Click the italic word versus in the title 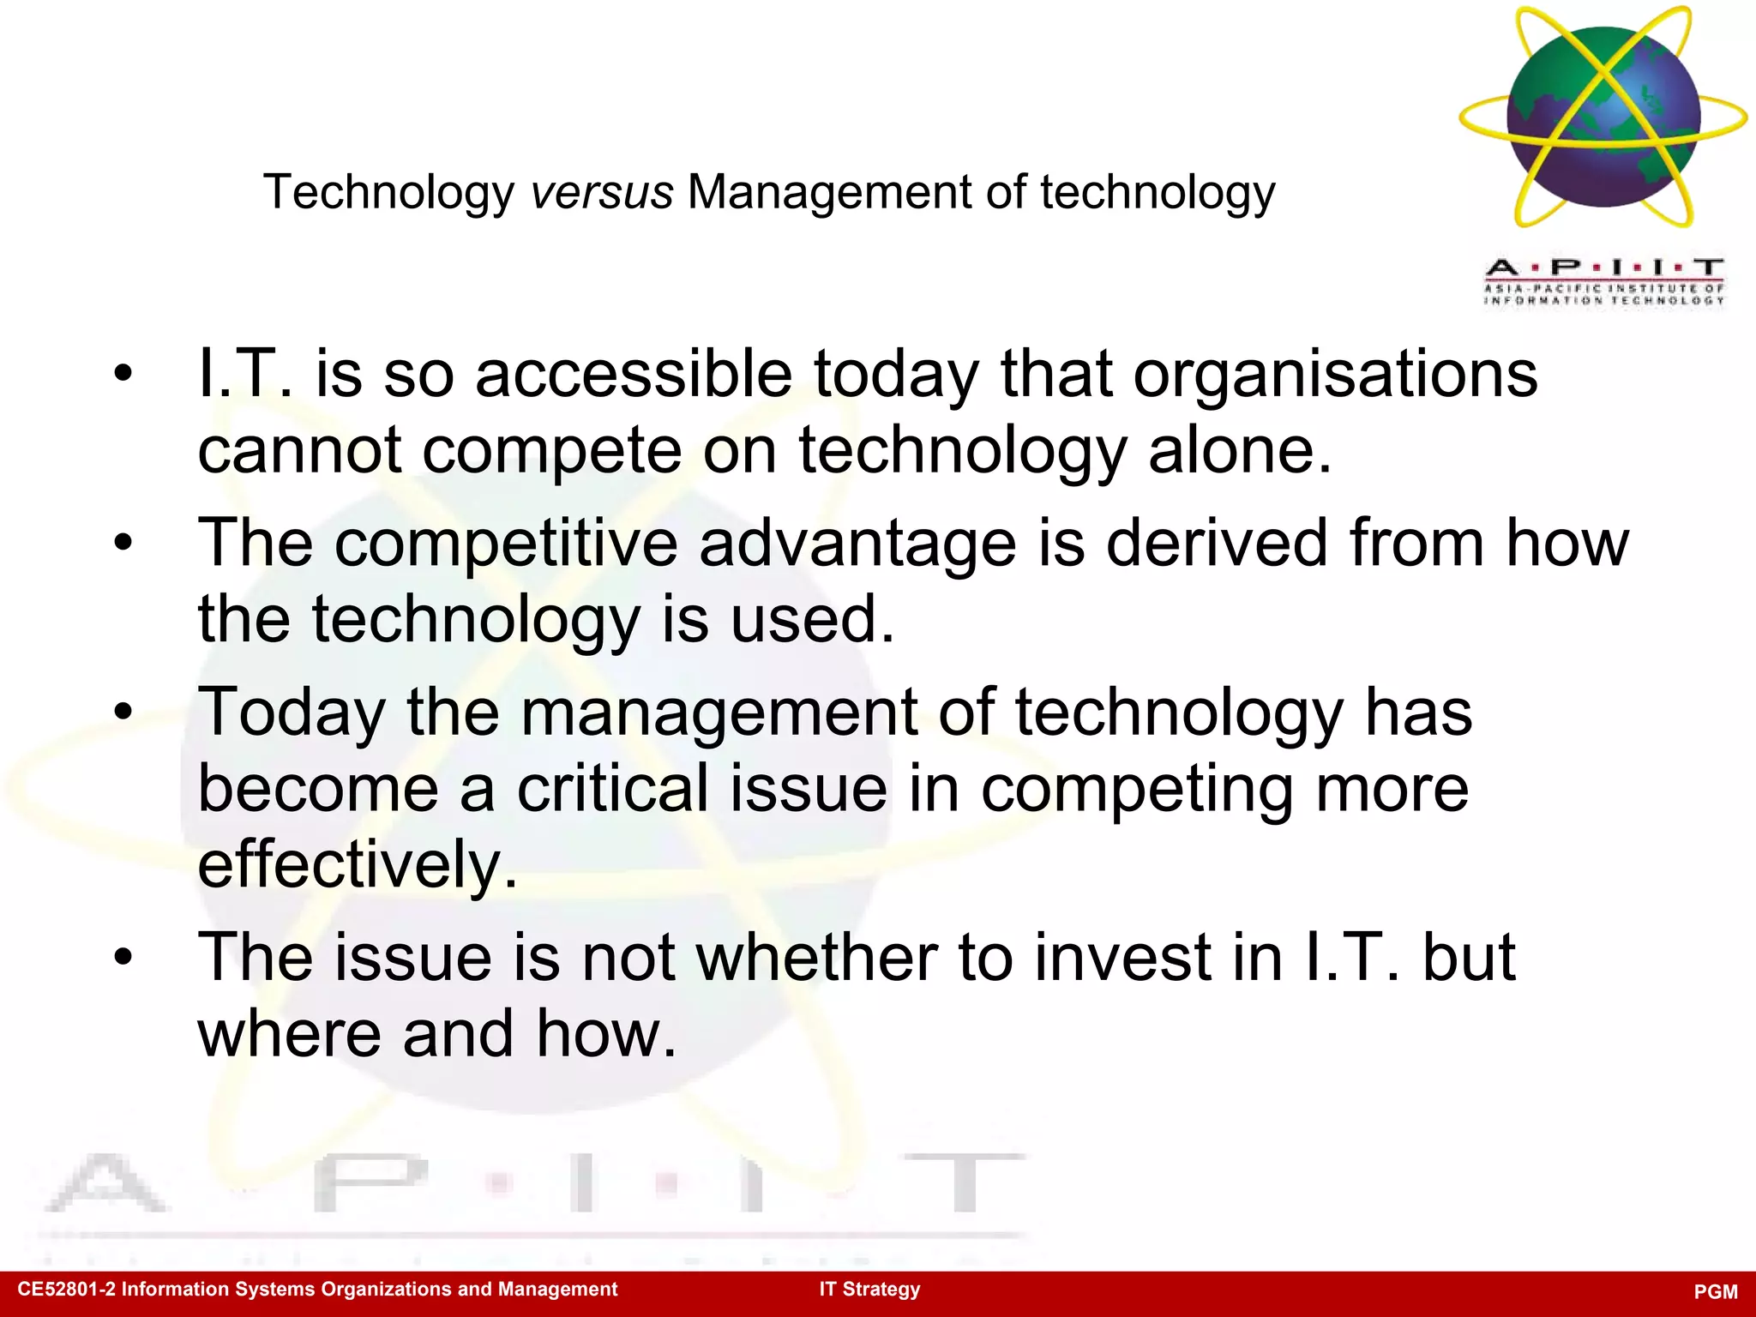602,192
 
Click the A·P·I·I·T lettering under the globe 1603,268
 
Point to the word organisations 1335,375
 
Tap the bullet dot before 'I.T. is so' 123,374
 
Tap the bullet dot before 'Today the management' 123,712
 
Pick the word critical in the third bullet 613,789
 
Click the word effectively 358,864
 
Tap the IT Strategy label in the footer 869,1290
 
